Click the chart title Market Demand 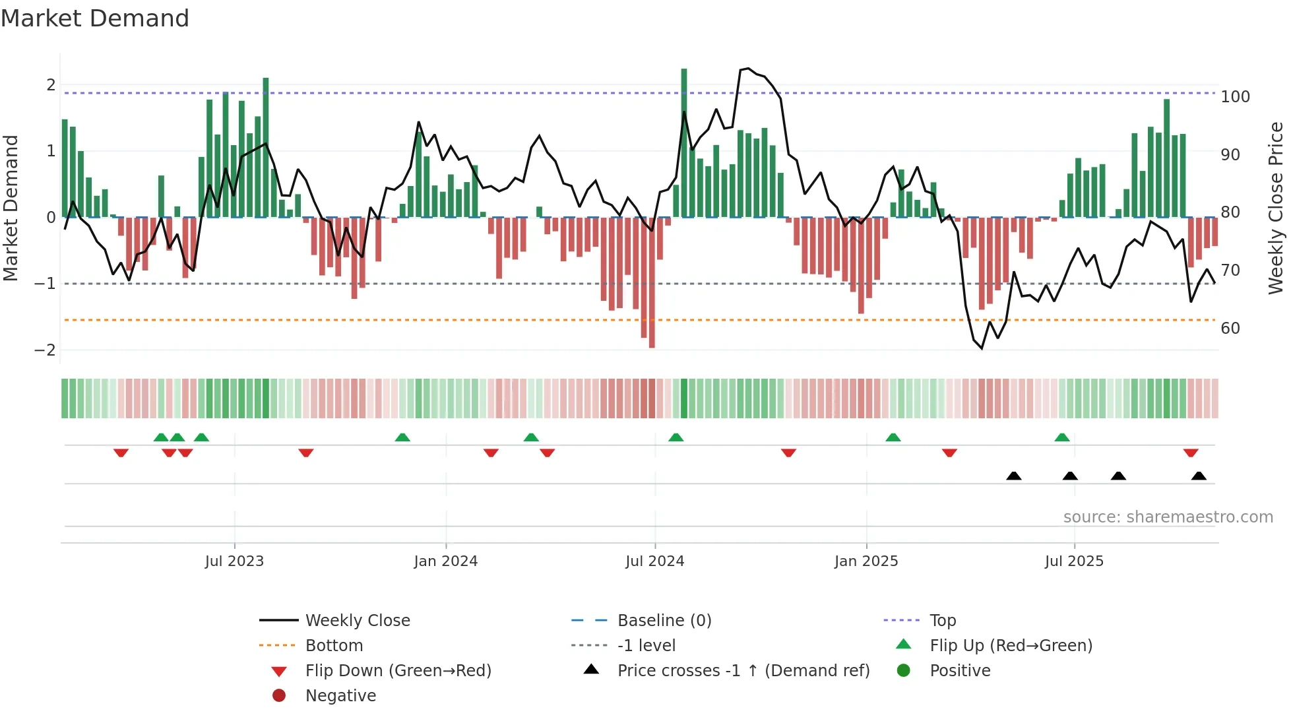[95, 18]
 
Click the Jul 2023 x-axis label [234, 561]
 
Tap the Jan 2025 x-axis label [866, 561]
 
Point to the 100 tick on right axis [1235, 97]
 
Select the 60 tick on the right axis [1230, 329]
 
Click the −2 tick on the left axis [45, 350]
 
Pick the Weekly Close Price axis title [1276, 208]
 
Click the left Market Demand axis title [11, 208]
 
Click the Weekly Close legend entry [357, 621]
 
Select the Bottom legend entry [334, 646]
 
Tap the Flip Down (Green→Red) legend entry [398, 671]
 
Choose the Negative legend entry [340, 696]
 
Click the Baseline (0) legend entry [664, 621]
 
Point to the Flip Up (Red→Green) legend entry [1011, 646]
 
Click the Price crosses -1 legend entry [743, 671]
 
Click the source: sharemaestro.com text [1168, 517]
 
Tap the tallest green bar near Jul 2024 [684, 142]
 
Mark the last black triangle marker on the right [1199, 476]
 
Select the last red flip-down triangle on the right [1191, 453]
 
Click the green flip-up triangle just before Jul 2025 [1061, 437]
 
